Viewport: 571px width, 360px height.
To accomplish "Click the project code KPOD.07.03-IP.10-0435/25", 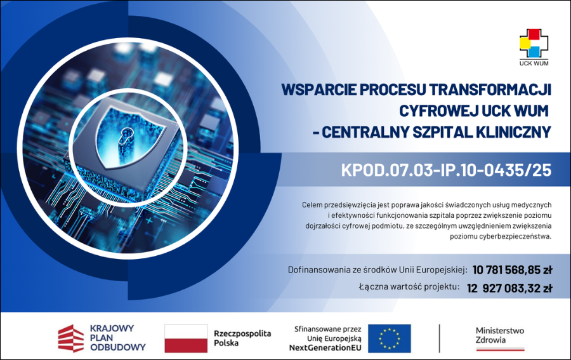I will pyautogui.click(x=446, y=170).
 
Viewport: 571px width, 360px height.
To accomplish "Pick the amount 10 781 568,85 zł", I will pyautogui.click(x=512, y=269).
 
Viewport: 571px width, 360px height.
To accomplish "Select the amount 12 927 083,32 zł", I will pyautogui.click(x=509, y=288).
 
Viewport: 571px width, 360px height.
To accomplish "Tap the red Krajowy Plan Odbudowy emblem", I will pyautogui.click(x=71, y=338).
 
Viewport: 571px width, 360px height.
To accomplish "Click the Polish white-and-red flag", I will pyautogui.click(x=186, y=338).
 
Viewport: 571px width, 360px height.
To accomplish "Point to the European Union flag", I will pyautogui.click(x=389, y=338).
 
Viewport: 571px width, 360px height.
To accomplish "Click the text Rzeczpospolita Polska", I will pyautogui.click(x=242, y=338).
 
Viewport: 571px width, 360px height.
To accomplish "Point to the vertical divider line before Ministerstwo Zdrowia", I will pyautogui.click(x=440, y=338).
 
